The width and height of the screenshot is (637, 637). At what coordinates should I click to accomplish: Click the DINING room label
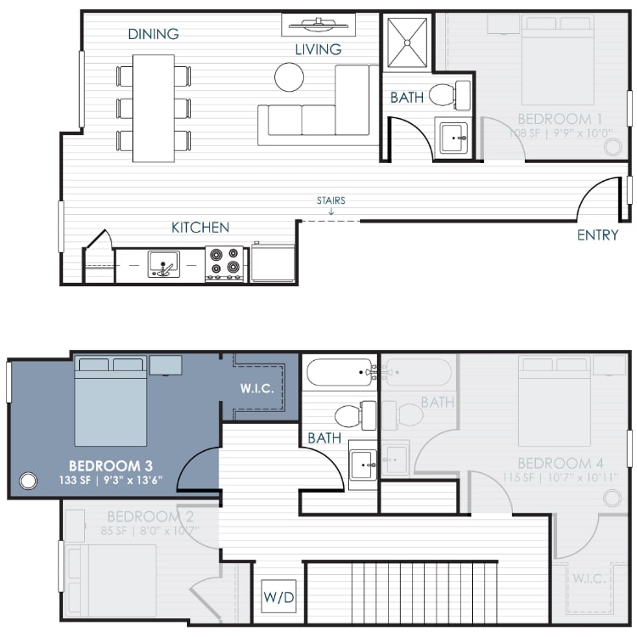(153, 34)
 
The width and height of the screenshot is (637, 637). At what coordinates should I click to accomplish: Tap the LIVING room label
(318, 49)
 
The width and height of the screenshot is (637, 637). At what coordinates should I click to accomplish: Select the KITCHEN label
(200, 227)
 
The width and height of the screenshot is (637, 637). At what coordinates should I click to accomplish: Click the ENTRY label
(597, 234)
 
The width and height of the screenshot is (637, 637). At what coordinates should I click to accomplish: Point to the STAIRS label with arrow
(330, 204)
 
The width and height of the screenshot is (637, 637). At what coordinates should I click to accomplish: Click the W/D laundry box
(278, 597)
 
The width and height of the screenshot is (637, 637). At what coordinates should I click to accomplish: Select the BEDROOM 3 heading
(110, 465)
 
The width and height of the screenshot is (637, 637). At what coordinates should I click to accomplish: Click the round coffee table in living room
(289, 77)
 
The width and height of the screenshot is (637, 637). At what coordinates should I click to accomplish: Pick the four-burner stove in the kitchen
(225, 263)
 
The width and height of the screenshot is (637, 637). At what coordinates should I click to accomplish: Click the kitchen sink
(163, 264)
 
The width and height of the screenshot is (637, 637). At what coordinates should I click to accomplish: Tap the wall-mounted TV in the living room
(318, 24)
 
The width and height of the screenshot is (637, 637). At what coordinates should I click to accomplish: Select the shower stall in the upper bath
(407, 42)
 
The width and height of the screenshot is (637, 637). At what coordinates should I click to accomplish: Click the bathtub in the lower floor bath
(341, 372)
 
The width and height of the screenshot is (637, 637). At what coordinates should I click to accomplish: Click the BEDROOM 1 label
(560, 118)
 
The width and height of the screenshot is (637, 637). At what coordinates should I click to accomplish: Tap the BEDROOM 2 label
(144, 516)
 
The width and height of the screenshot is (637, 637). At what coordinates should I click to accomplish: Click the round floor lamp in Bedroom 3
(28, 481)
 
